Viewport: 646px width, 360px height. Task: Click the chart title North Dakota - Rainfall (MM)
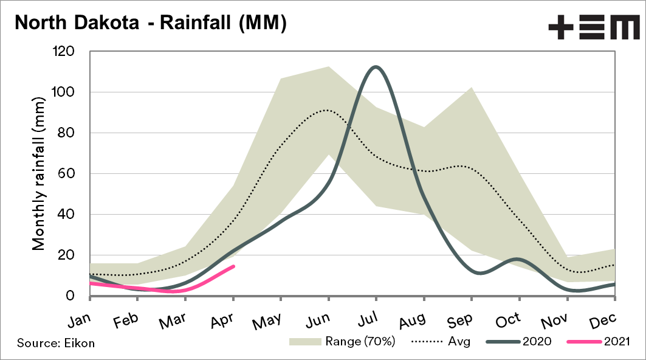(149, 23)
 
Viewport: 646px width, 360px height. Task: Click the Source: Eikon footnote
(56, 344)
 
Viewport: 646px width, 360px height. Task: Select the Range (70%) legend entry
(343, 341)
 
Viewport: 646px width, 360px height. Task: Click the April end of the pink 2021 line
(233, 266)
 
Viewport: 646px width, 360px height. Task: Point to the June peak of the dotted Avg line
(327, 110)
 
